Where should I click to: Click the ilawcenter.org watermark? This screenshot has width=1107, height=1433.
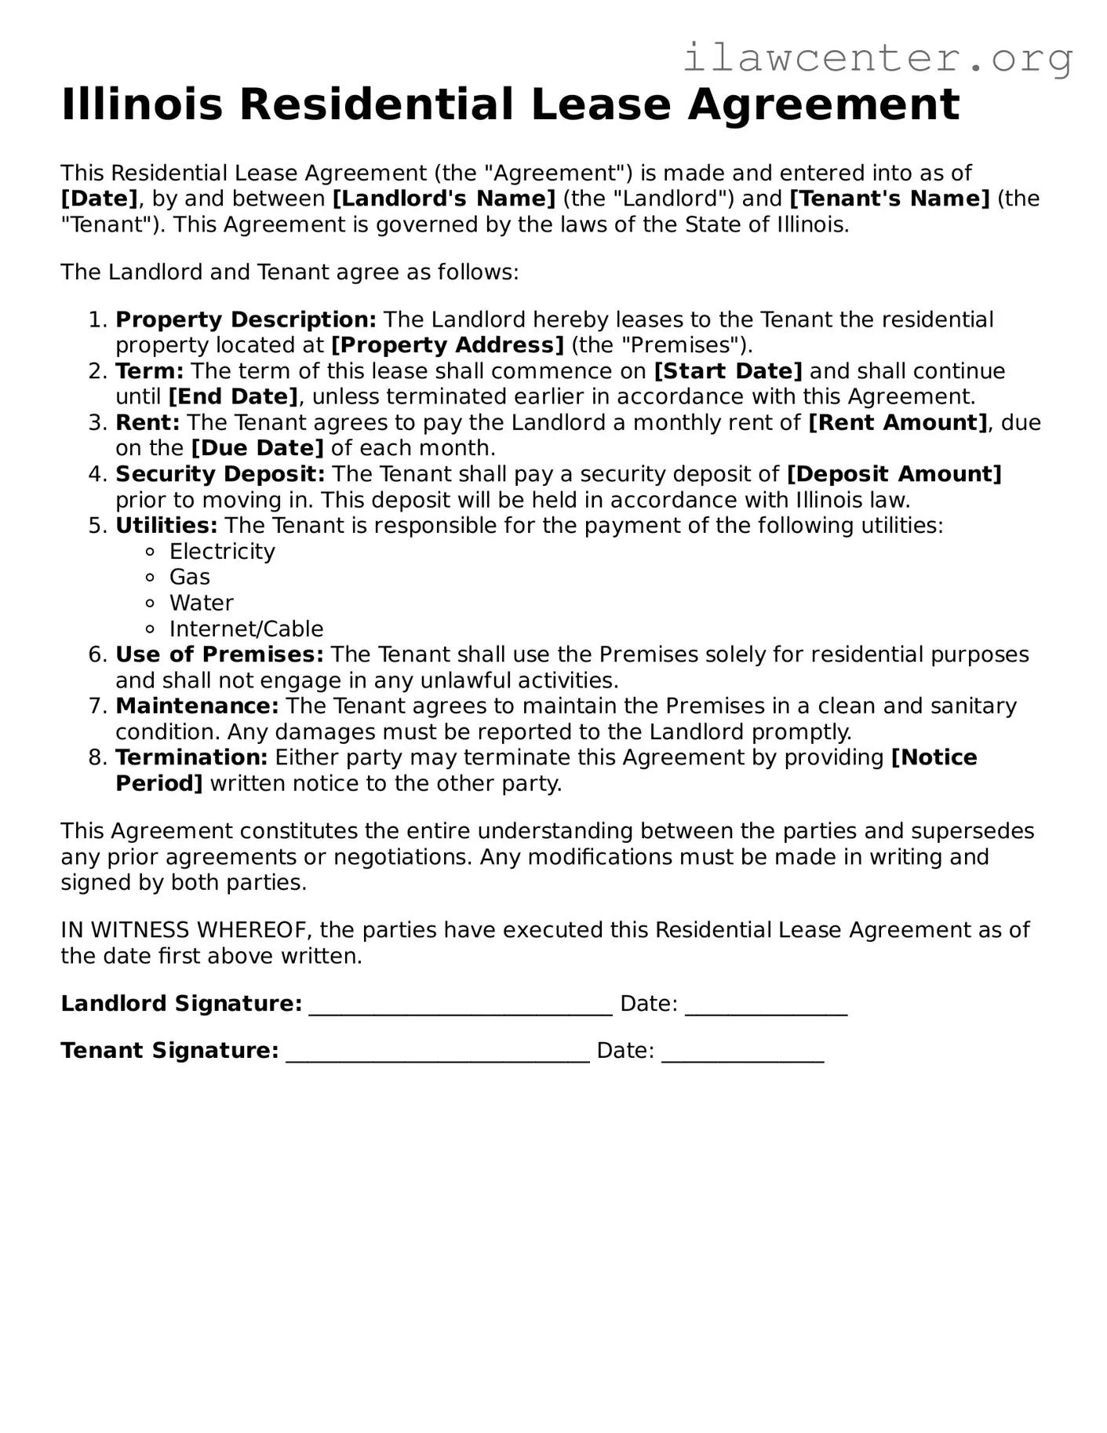[x=877, y=58]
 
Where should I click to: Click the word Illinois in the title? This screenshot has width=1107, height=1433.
[x=142, y=104]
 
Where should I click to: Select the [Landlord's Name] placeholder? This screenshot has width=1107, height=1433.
[x=444, y=199]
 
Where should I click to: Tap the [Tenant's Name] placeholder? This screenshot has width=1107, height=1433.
[x=890, y=199]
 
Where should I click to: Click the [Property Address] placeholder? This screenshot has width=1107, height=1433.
[x=447, y=345]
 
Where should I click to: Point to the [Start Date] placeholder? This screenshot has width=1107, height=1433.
[x=727, y=371]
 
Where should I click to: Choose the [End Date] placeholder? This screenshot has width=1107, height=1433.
[x=233, y=397]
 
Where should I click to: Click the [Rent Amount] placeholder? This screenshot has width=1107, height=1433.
[x=898, y=423]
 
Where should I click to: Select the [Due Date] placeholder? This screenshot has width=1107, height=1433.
[x=257, y=448]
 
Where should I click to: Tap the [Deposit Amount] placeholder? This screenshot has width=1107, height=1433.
[x=894, y=474]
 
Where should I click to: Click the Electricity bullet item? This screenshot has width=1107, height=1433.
[x=222, y=552]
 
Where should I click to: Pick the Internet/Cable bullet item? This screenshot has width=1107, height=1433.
[x=246, y=629]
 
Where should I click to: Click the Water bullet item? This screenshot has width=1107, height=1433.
[x=202, y=603]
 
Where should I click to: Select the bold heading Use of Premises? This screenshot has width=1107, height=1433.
[x=220, y=655]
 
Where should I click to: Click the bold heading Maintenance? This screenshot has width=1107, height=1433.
[x=197, y=706]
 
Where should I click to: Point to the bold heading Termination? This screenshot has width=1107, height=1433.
[x=191, y=758]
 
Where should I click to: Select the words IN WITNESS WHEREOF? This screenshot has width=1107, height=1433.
[x=188, y=931]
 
